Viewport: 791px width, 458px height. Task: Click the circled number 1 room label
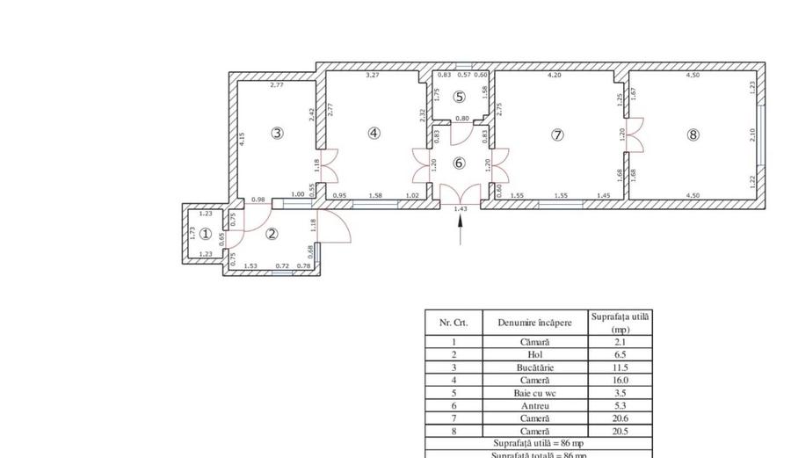(x=205, y=234)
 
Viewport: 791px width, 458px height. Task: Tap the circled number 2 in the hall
(x=272, y=234)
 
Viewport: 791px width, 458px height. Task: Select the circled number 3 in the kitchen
(x=277, y=134)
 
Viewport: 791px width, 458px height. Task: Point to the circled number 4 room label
(x=374, y=134)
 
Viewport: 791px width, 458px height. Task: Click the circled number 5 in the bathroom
(x=459, y=97)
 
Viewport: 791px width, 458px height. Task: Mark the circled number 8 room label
(x=693, y=134)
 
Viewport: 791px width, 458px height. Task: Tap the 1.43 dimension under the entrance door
(x=461, y=209)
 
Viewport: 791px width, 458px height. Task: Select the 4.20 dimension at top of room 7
(x=554, y=76)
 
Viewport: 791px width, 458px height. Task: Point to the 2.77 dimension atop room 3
(x=277, y=85)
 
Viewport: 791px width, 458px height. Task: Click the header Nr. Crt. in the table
(x=454, y=323)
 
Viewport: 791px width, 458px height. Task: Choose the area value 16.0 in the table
(x=620, y=381)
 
